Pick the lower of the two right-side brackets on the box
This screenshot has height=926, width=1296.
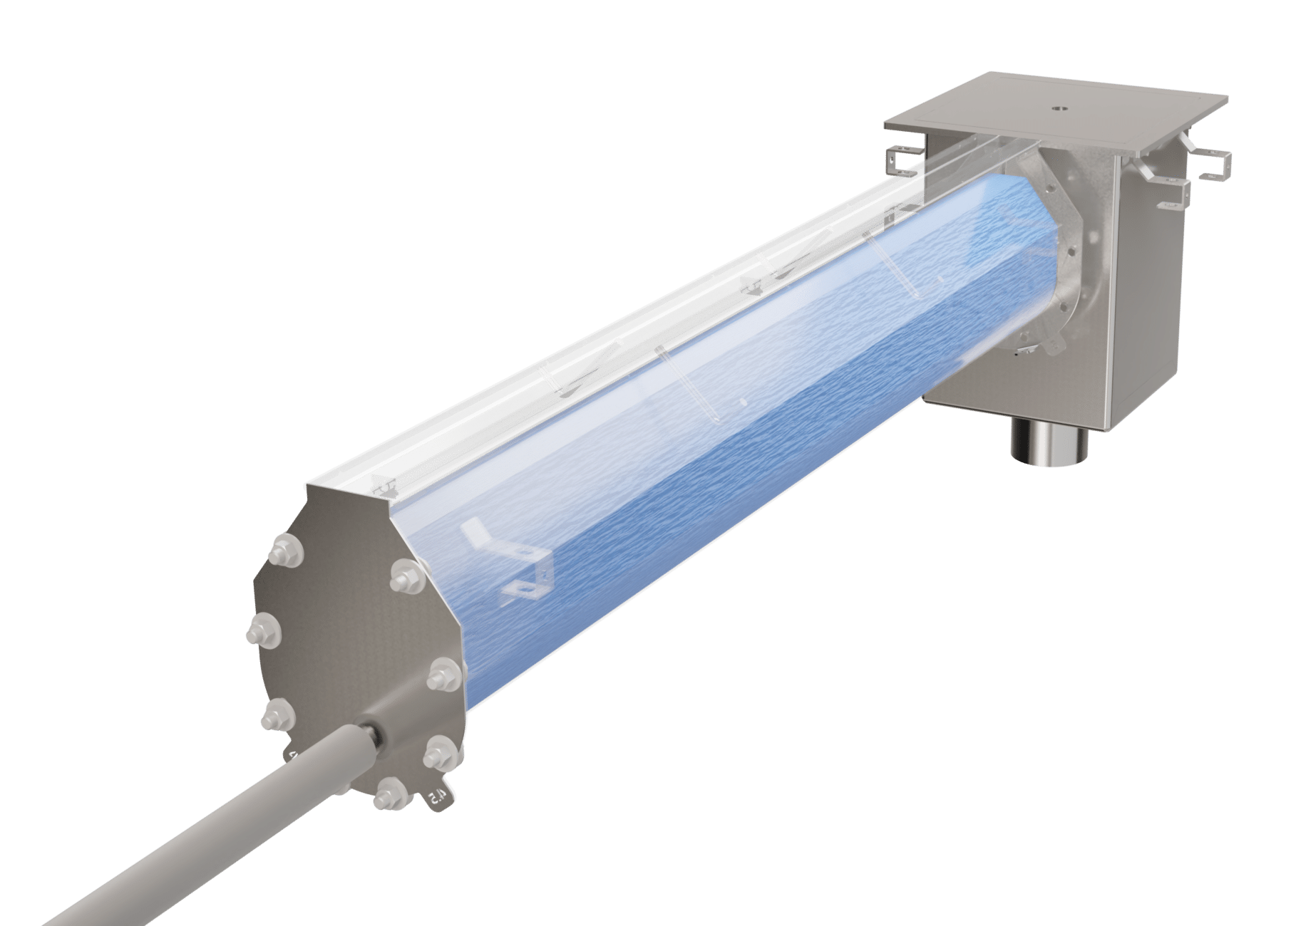tap(1176, 199)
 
